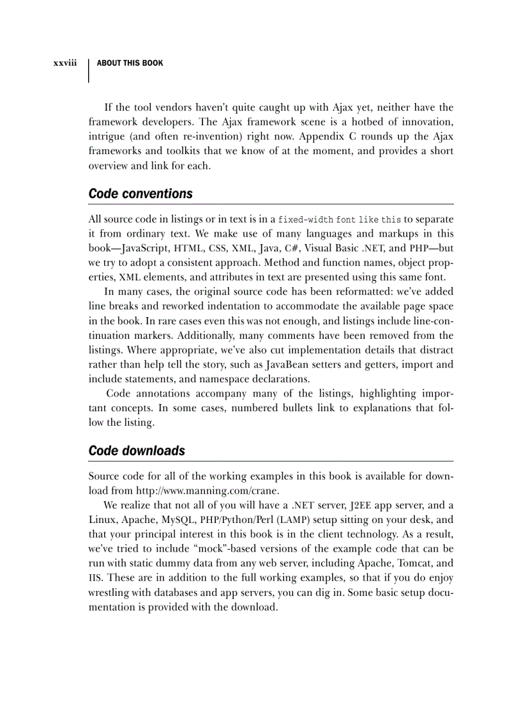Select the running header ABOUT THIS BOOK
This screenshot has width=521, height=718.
(x=130, y=63)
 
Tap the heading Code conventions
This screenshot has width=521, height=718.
(x=140, y=194)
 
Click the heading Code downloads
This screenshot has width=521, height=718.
(x=137, y=451)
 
